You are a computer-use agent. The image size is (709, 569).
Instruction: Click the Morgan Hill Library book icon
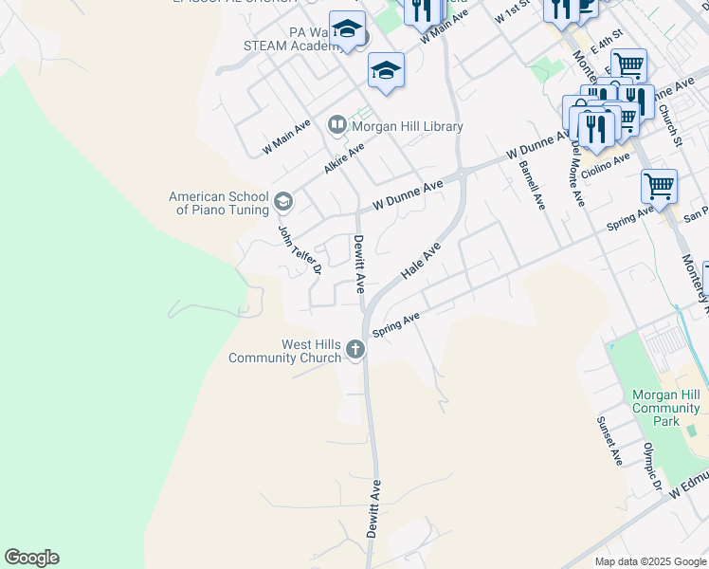(x=336, y=125)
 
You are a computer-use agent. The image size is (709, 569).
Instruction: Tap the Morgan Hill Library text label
(x=408, y=126)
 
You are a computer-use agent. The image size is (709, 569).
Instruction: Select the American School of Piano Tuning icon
(x=282, y=202)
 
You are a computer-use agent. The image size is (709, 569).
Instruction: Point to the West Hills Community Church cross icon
(x=355, y=350)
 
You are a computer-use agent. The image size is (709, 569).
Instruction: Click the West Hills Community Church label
(x=284, y=351)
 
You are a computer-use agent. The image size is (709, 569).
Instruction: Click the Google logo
(x=31, y=558)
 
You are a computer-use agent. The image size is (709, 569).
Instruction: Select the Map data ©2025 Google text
(x=649, y=561)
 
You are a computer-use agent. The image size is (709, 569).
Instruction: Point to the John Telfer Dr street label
(x=300, y=249)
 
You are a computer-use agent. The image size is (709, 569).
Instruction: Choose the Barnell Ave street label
(x=533, y=184)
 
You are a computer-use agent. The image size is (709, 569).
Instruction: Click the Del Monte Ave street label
(x=577, y=174)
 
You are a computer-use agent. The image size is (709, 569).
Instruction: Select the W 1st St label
(x=512, y=13)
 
